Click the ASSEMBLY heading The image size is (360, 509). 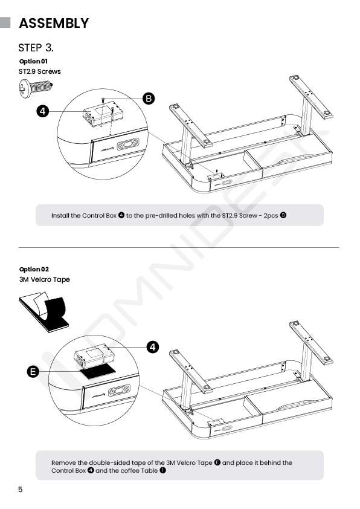(x=54, y=23)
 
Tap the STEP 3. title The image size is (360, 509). (x=36, y=48)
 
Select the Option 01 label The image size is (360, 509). (x=33, y=61)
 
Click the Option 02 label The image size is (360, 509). (x=34, y=270)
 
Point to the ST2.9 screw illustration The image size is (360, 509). (x=36, y=88)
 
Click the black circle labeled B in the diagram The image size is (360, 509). (x=149, y=99)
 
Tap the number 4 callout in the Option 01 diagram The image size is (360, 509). (x=43, y=111)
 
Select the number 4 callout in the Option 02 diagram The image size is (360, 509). (x=153, y=347)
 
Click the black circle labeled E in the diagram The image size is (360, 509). (x=33, y=371)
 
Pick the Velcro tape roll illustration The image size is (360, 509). (x=43, y=313)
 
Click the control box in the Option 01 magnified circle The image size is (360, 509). (x=103, y=115)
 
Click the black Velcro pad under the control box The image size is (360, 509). (x=98, y=371)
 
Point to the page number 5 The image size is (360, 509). (x=21, y=490)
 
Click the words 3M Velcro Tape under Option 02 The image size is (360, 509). (x=45, y=279)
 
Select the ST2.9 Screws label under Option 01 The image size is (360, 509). (x=40, y=71)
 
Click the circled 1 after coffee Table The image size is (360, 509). (x=162, y=470)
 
